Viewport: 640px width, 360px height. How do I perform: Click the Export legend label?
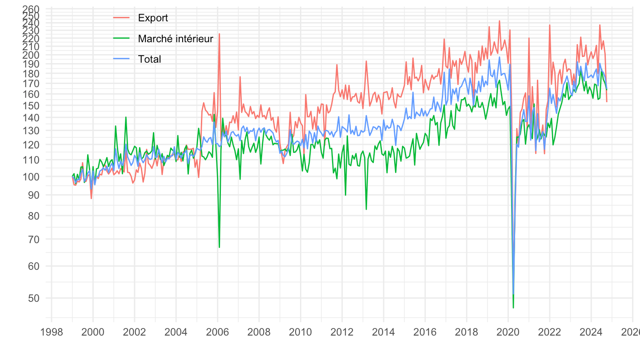point(153,18)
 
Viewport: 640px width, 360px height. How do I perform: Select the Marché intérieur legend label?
point(176,39)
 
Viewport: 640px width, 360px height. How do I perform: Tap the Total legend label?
point(149,59)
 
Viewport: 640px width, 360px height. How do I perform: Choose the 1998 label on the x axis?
point(52,332)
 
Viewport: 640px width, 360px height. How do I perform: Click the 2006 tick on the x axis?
point(217,332)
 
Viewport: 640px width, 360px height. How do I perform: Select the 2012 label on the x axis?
point(342,332)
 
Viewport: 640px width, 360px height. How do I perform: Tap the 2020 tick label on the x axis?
point(508,332)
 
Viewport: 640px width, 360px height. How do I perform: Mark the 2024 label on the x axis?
point(591,332)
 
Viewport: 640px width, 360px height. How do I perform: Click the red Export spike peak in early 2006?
point(219,34)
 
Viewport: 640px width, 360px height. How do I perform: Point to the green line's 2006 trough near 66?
point(219,247)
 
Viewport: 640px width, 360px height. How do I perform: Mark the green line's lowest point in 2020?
point(513,308)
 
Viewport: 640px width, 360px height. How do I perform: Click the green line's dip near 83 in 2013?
point(366,209)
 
